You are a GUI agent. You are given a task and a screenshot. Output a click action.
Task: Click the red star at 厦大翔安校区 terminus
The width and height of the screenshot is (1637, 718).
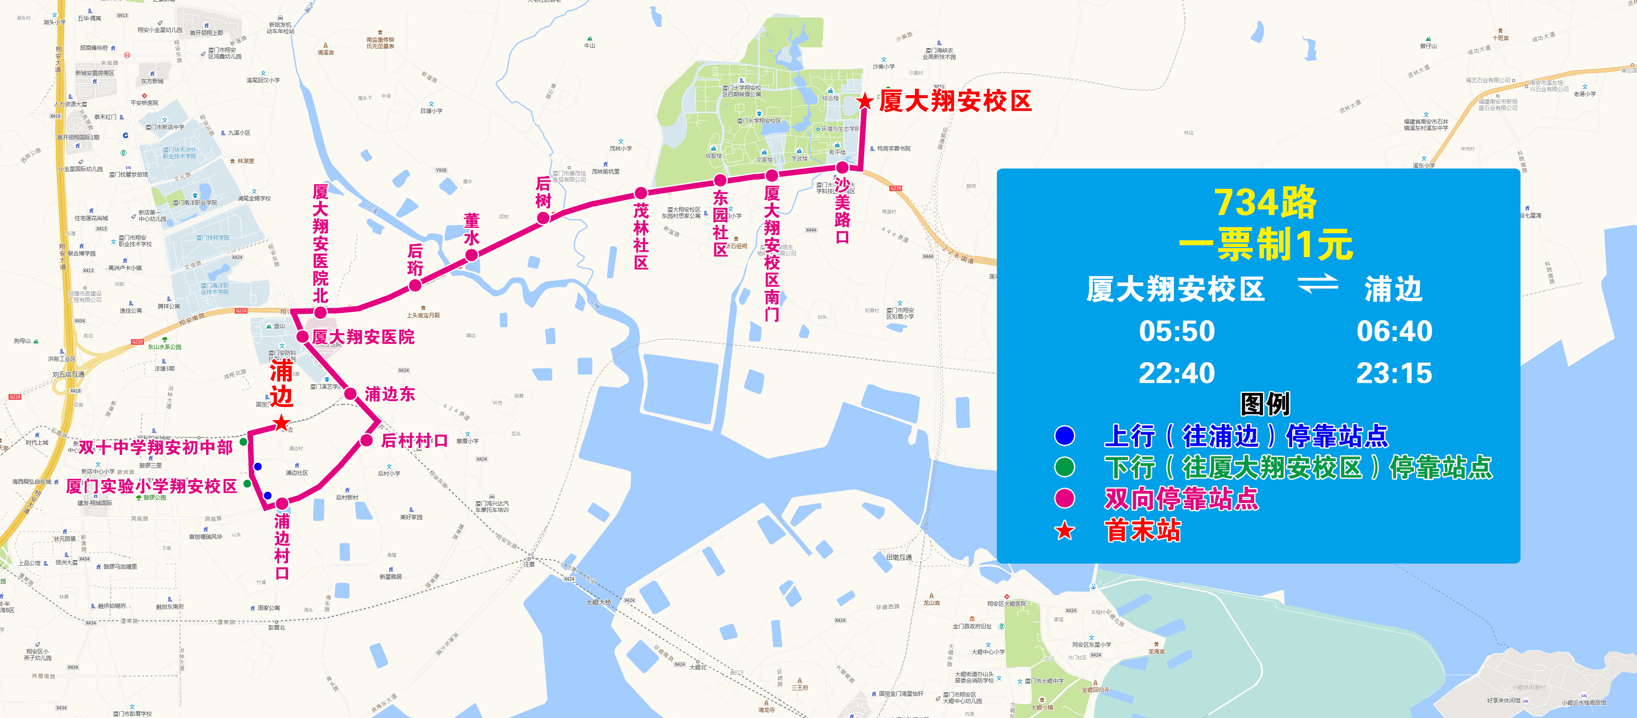tap(864, 102)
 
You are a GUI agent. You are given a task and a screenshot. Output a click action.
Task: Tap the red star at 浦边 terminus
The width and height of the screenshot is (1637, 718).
tap(281, 422)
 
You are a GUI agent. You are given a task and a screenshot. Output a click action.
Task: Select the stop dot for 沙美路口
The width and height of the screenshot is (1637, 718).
tap(842, 168)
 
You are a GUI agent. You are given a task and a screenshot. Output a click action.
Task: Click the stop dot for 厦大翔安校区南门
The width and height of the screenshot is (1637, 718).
tap(772, 175)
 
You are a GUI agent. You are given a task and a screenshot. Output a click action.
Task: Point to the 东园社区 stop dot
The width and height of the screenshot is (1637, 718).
tap(719, 180)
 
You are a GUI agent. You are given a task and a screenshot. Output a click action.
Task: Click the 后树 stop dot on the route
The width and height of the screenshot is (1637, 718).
tap(543, 218)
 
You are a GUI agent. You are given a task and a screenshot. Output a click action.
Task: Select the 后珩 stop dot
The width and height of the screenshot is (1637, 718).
tap(415, 286)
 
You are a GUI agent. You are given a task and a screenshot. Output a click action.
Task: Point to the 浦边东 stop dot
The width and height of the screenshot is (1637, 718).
tap(350, 394)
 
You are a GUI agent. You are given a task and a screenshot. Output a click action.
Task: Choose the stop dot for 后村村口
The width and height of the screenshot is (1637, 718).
tap(367, 440)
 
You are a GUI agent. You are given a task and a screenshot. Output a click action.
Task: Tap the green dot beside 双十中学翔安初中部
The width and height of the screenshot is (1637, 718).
tap(243, 442)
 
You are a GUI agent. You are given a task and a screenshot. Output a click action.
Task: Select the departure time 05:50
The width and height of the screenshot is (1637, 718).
tap(1176, 331)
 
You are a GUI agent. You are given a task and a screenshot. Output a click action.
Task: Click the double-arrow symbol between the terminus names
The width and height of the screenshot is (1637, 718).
tap(1317, 284)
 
